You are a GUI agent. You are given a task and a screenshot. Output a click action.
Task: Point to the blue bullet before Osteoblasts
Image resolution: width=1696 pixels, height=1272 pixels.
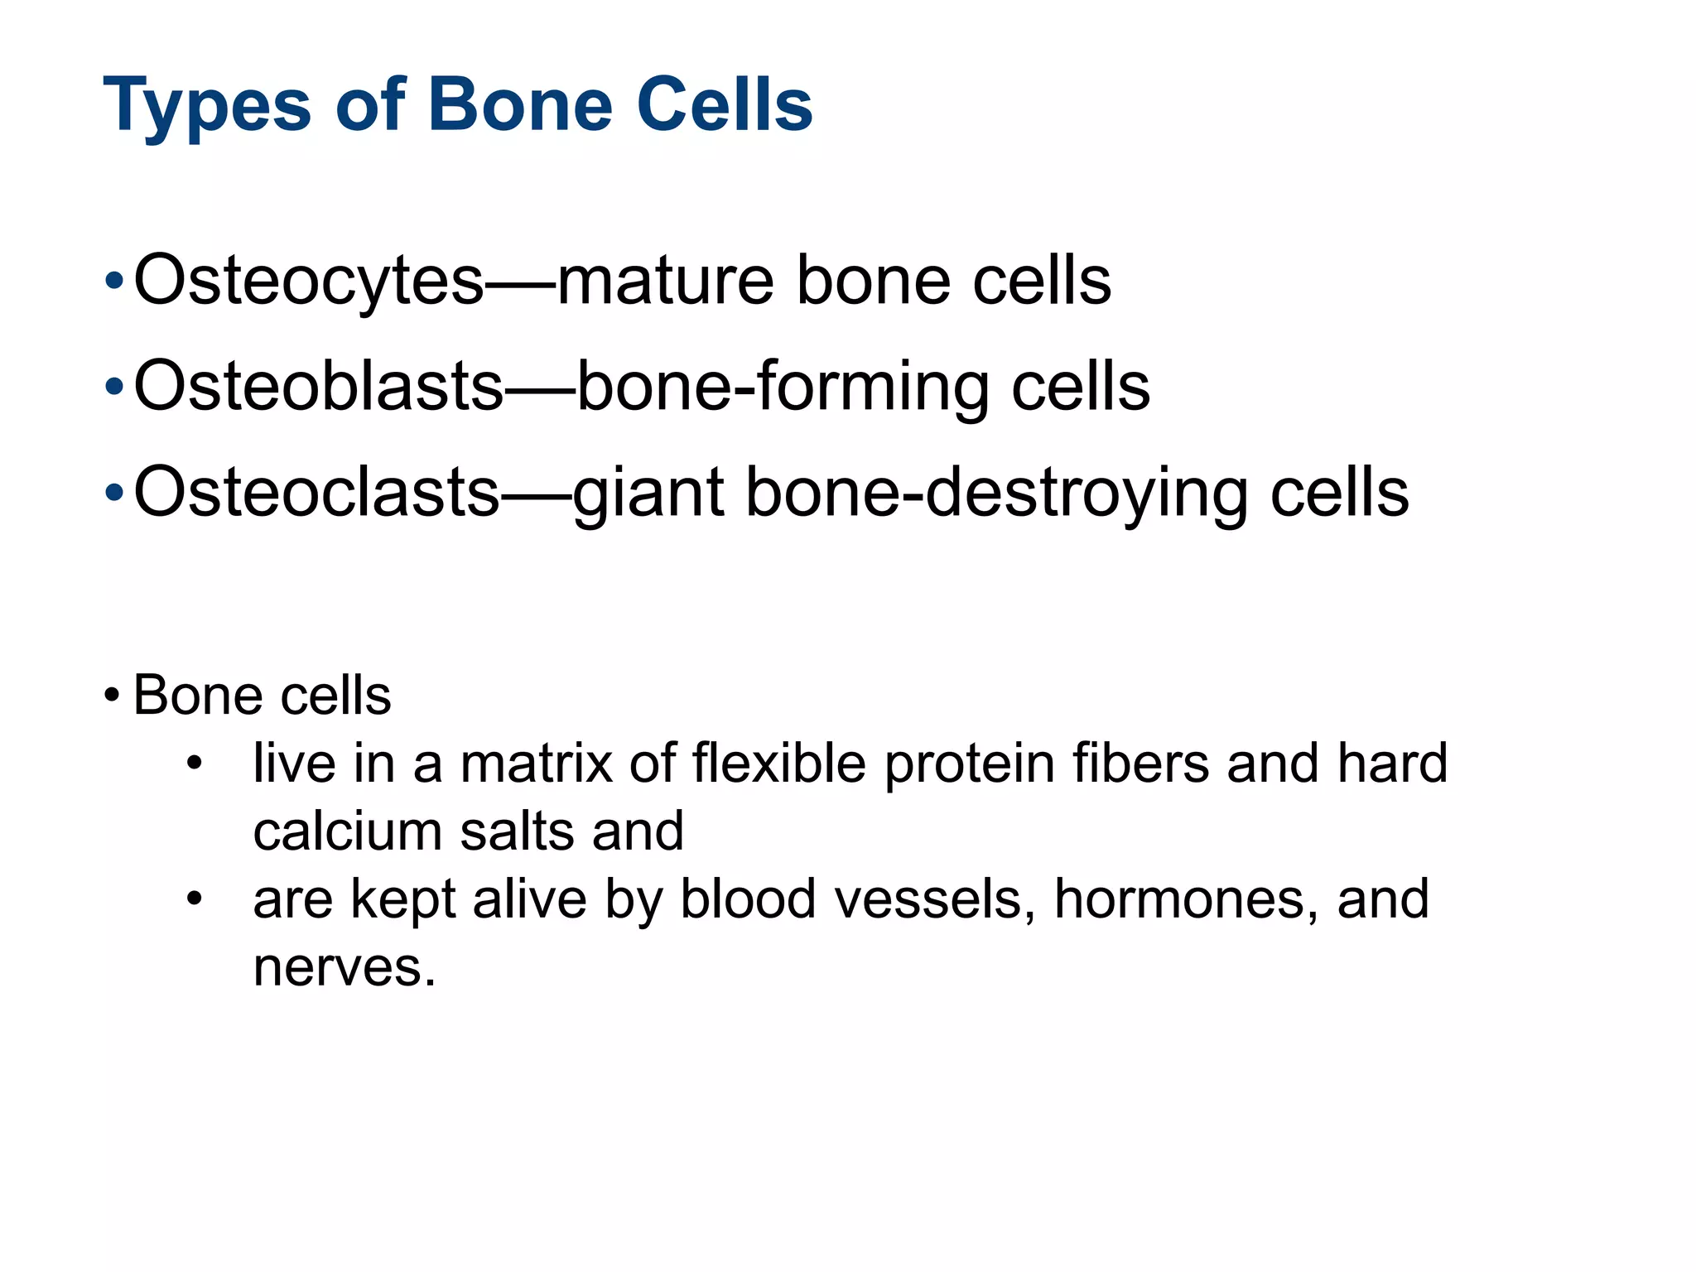(x=114, y=387)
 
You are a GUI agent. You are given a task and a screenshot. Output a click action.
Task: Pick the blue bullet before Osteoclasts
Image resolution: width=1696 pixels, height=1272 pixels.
(x=114, y=493)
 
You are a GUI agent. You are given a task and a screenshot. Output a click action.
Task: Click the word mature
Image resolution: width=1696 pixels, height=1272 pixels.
(x=666, y=282)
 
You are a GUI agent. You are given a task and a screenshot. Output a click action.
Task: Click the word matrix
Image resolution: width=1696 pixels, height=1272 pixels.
(x=536, y=763)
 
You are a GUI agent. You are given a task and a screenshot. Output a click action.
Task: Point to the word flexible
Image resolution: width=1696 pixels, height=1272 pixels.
(x=778, y=763)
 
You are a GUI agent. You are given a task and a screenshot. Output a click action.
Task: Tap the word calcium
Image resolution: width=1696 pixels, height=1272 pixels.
(x=347, y=831)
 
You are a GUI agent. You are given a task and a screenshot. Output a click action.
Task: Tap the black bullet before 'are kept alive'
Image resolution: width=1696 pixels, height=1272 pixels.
(x=195, y=899)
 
